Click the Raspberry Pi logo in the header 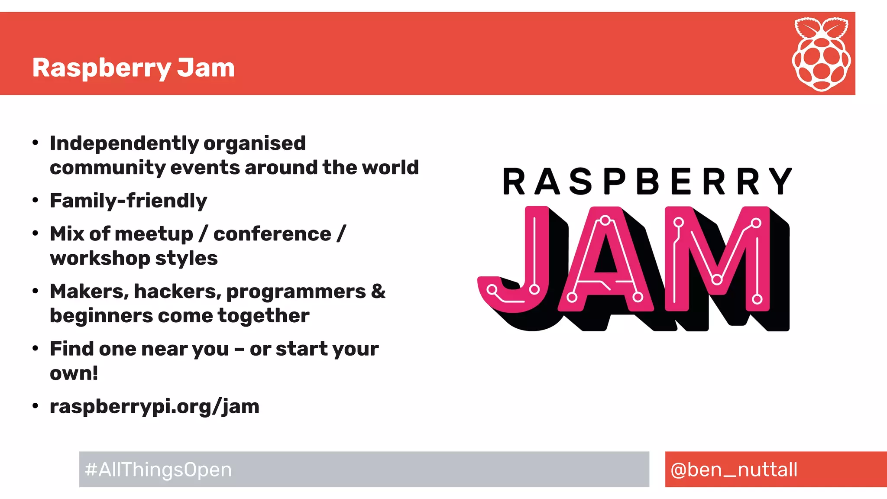click(821, 54)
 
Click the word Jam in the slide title click(206, 68)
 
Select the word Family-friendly click(128, 201)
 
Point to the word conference click(272, 234)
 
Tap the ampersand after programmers click(378, 291)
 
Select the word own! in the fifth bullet click(74, 373)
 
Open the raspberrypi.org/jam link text click(154, 407)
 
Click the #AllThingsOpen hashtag click(159, 470)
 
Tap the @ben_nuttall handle click(734, 470)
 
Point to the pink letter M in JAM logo click(717, 260)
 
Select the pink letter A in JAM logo click(605, 260)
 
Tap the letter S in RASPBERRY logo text click(580, 181)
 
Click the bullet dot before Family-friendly click(36, 201)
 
